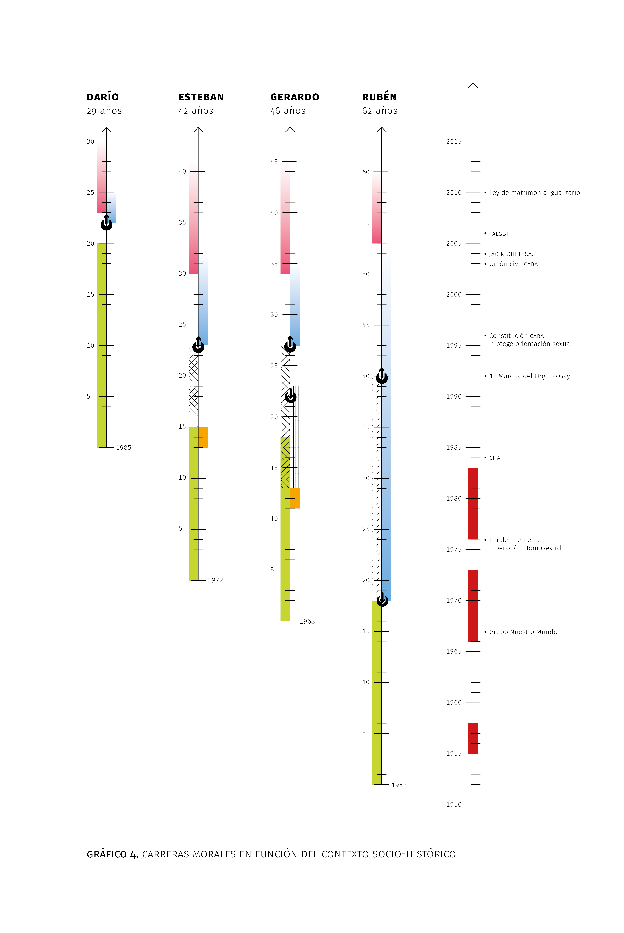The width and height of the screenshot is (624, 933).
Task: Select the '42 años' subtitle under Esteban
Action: [x=196, y=111]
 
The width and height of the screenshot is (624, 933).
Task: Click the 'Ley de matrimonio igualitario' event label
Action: [x=534, y=193]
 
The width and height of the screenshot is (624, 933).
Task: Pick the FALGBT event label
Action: [x=499, y=234]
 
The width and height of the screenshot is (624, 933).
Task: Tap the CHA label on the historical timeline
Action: [x=495, y=458]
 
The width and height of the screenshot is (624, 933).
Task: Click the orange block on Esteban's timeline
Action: [x=203, y=437]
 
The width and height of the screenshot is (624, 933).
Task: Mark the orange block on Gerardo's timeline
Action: [x=295, y=498]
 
